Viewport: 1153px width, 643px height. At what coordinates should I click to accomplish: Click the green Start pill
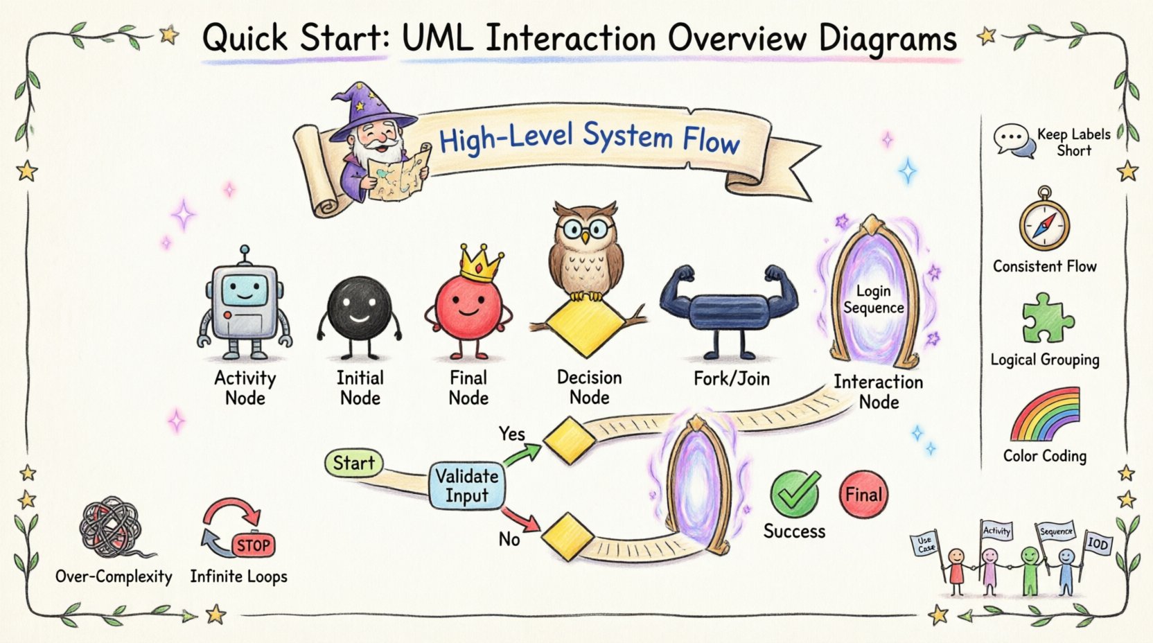pos(353,463)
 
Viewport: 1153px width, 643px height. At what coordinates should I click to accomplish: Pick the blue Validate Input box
pos(466,486)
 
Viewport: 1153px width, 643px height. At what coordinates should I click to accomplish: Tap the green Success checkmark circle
pos(794,494)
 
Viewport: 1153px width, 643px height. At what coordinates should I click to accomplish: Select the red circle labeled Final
pos(863,495)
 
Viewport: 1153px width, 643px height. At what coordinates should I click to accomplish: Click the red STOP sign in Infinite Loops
pos(253,545)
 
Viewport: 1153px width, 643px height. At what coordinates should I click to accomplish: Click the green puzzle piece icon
pos(1046,319)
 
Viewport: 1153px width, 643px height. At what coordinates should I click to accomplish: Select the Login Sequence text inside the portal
pos(873,299)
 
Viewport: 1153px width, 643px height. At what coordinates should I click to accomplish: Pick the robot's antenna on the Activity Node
pos(244,255)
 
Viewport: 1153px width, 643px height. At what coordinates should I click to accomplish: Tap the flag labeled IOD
pos(1098,543)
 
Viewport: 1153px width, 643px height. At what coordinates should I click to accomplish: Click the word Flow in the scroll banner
pos(711,141)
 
